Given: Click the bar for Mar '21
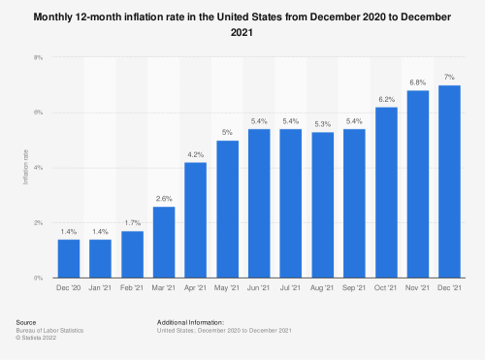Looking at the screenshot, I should [164, 243].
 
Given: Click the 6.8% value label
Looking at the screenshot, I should [417, 82].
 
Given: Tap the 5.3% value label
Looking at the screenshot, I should [322, 124].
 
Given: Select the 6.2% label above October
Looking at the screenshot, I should [385, 99].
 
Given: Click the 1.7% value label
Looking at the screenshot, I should [132, 223].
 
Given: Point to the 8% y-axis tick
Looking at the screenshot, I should [38, 58].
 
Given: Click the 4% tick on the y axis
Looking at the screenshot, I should [38, 168].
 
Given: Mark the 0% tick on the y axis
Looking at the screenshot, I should [38, 278].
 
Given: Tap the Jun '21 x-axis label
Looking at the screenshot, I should [258, 288].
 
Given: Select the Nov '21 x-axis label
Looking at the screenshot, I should [417, 288].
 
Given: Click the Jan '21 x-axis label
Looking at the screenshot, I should [100, 288].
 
